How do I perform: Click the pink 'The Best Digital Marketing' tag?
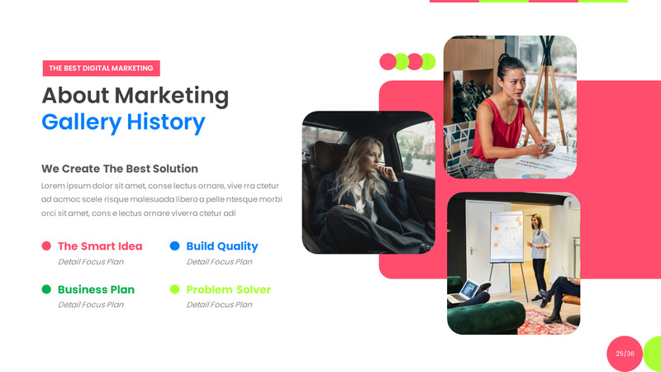(101, 69)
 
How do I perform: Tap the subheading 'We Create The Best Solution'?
(120, 169)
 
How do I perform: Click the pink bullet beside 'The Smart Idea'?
(46, 246)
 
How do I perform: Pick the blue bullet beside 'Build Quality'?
(174, 246)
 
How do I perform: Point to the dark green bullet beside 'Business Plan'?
(46, 289)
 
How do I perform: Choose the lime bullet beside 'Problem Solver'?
(174, 289)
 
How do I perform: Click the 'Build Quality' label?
(221, 246)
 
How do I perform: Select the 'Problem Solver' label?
(228, 289)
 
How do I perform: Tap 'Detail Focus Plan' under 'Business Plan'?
(91, 305)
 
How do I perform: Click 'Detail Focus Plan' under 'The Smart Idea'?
(91, 262)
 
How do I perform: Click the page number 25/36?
(625, 354)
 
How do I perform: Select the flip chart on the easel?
(506, 236)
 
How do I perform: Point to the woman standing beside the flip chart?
(539, 252)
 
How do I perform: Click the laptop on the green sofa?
(469, 290)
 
